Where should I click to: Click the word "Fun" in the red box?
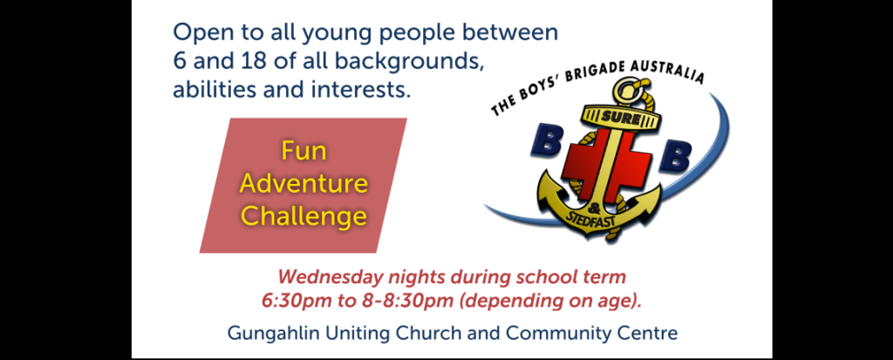303,152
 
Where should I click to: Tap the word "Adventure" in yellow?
303,183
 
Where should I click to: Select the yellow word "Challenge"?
303,216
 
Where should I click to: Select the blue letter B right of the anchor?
676,155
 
